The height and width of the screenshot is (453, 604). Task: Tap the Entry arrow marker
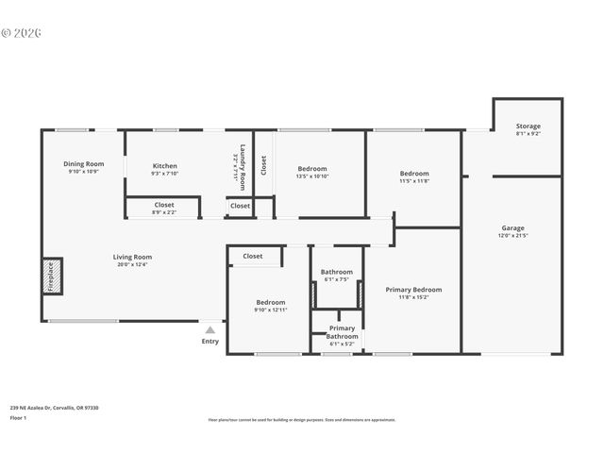coord(210,329)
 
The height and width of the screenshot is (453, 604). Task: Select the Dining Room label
coord(83,163)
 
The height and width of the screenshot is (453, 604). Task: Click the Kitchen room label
coord(164,164)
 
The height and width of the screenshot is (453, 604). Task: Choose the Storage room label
coord(528,126)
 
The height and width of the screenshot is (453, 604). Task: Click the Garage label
coord(512,227)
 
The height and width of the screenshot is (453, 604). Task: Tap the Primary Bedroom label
coord(413,290)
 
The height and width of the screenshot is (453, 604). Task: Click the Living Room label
coord(132,256)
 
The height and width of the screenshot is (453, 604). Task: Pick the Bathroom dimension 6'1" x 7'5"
coord(336,279)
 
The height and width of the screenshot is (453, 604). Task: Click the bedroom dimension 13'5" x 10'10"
coord(311,176)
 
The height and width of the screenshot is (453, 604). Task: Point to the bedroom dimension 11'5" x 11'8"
coord(413,181)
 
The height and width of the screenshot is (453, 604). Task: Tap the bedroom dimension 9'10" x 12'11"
coord(270,310)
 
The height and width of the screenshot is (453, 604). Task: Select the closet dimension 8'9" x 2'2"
coord(163,212)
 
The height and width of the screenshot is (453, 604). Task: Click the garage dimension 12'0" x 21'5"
coord(512,236)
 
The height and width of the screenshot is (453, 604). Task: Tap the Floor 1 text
coord(18,417)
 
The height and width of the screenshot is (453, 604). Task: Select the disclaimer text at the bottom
coord(302,420)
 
